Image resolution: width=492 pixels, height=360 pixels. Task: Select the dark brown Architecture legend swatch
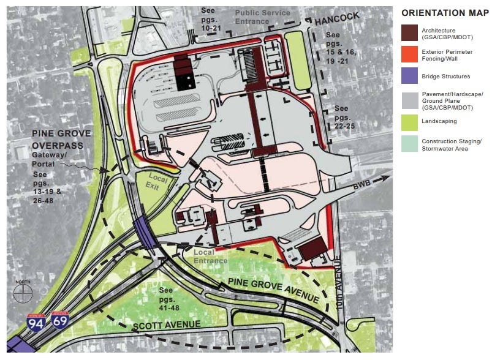coord(411,34)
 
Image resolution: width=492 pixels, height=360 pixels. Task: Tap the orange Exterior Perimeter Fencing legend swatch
coord(411,56)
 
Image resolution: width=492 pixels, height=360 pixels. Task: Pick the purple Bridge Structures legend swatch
coord(411,77)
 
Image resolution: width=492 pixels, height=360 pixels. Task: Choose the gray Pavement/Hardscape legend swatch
coord(411,99)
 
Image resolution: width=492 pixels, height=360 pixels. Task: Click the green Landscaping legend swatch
coord(411,121)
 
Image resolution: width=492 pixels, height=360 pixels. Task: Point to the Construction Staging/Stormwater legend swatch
coord(411,143)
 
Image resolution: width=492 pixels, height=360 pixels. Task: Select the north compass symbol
coord(22,292)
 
